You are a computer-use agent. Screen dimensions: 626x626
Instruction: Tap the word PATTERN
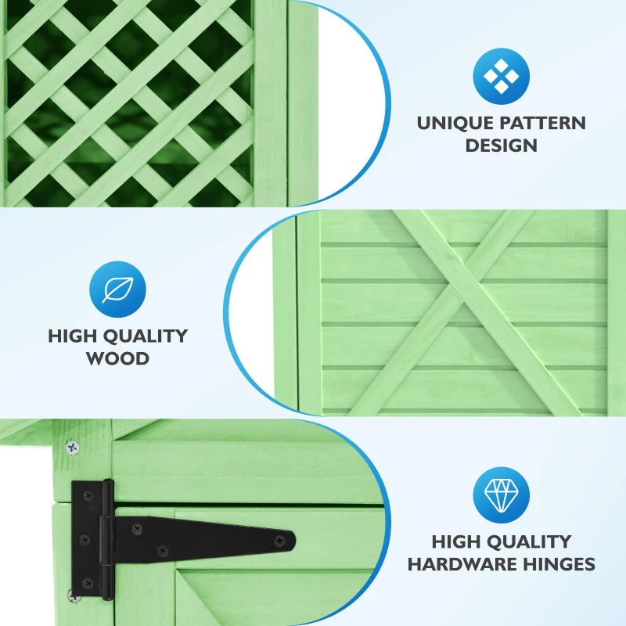(541, 123)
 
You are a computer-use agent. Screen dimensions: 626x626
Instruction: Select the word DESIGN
(502, 146)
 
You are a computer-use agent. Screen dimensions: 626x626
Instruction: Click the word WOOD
(118, 358)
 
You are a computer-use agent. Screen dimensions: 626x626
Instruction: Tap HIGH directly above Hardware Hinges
(455, 541)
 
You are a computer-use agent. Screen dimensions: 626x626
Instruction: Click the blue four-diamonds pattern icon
(502, 76)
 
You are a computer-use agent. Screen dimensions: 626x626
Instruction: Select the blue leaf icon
(118, 290)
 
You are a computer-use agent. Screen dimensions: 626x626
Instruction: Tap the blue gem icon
(502, 495)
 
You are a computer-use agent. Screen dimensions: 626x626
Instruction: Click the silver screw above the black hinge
(72, 448)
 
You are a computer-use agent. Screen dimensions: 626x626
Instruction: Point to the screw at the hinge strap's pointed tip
(280, 541)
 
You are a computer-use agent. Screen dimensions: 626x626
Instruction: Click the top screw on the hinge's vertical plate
(88, 496)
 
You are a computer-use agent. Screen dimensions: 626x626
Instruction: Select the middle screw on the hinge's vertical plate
(85, 540)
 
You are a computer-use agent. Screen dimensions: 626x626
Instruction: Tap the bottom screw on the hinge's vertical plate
(88, 584)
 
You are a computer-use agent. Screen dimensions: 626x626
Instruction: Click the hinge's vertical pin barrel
(107, 539)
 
